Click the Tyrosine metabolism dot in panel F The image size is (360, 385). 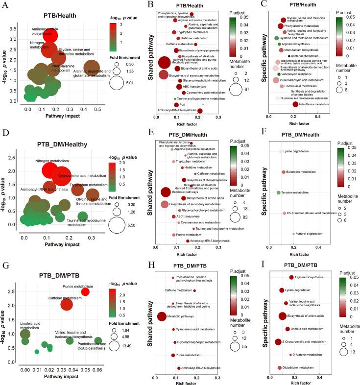click(279, 193)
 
